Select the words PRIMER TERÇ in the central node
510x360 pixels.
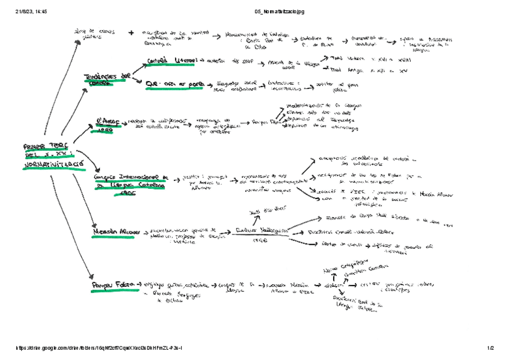click(45, 146)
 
